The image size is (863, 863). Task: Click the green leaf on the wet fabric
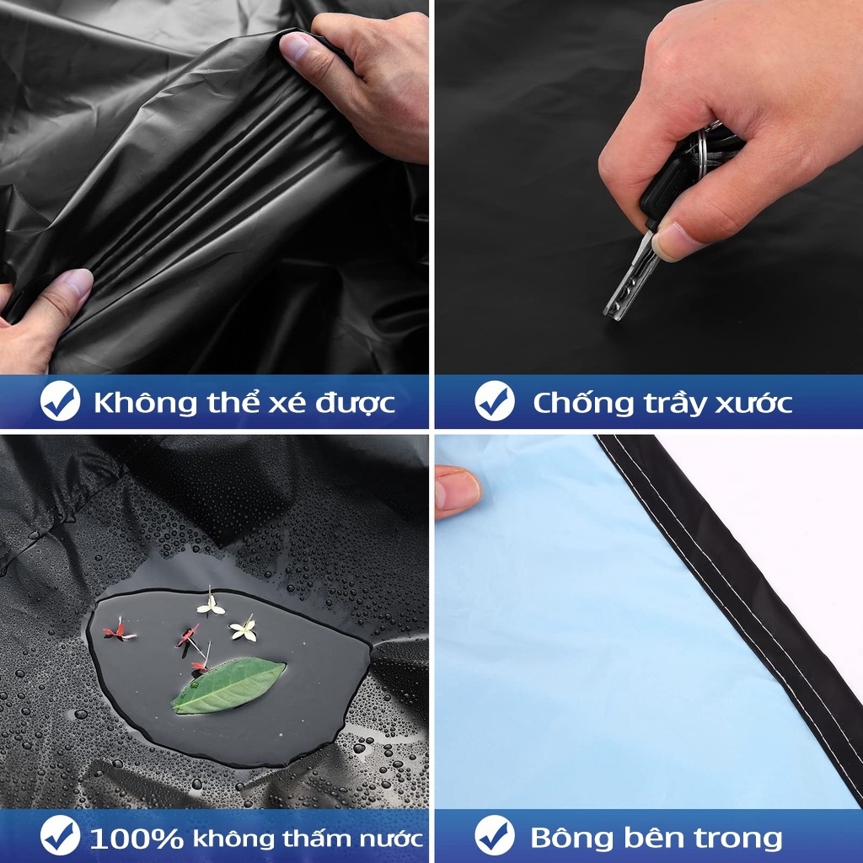coord(228,685)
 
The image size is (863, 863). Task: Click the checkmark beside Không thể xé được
coord(60,401)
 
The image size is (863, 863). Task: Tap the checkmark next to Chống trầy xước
coord(495,401)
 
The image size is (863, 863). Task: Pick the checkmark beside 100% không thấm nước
coord(60,835)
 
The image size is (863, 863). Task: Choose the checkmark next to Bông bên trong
coord(495,835)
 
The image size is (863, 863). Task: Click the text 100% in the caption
coord(136,839)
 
